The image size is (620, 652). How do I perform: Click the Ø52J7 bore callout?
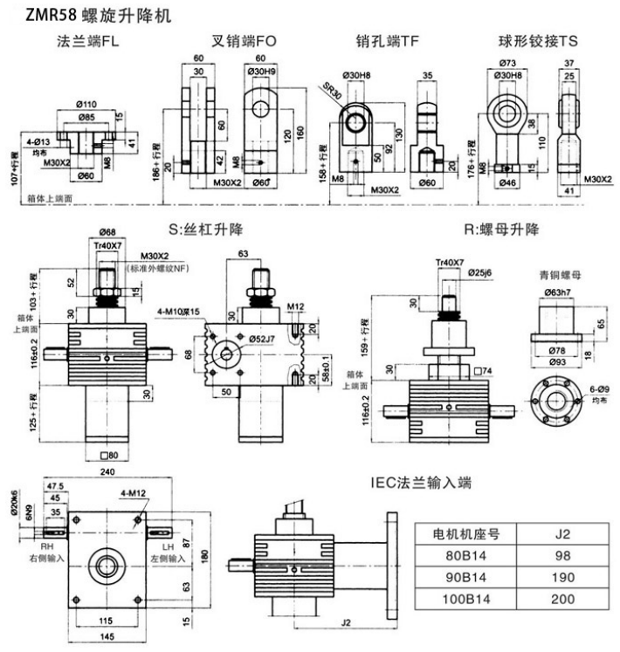(262, 337)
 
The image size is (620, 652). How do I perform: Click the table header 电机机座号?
(467, 532)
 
